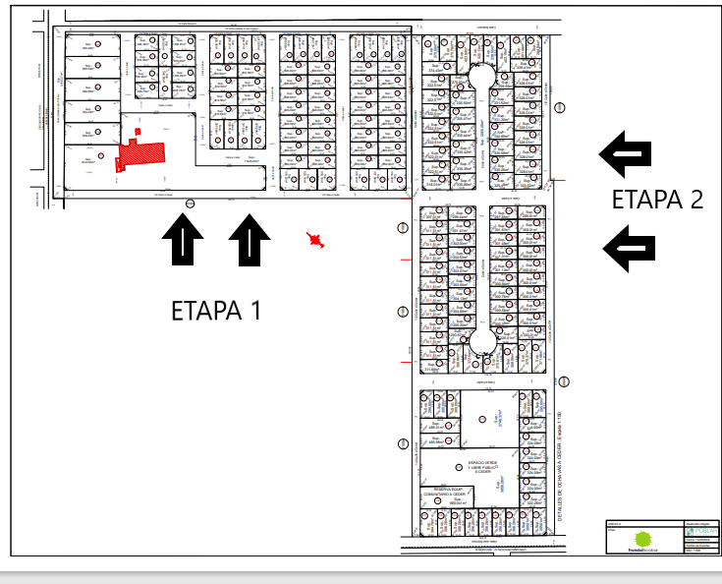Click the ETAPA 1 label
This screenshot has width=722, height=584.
click(216, 311)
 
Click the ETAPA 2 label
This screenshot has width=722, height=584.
click(657, 200)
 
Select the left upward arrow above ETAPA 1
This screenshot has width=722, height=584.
click(184, 241)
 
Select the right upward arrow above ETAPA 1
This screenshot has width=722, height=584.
click(250, 241)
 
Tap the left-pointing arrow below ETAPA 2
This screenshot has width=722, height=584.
click(628, 248)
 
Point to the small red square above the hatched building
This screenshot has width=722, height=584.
click(139, 131)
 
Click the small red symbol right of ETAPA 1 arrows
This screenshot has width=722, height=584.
click(314, 238)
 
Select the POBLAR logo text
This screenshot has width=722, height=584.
click(694, 531)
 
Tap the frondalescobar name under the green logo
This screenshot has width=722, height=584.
click(642, 553)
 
